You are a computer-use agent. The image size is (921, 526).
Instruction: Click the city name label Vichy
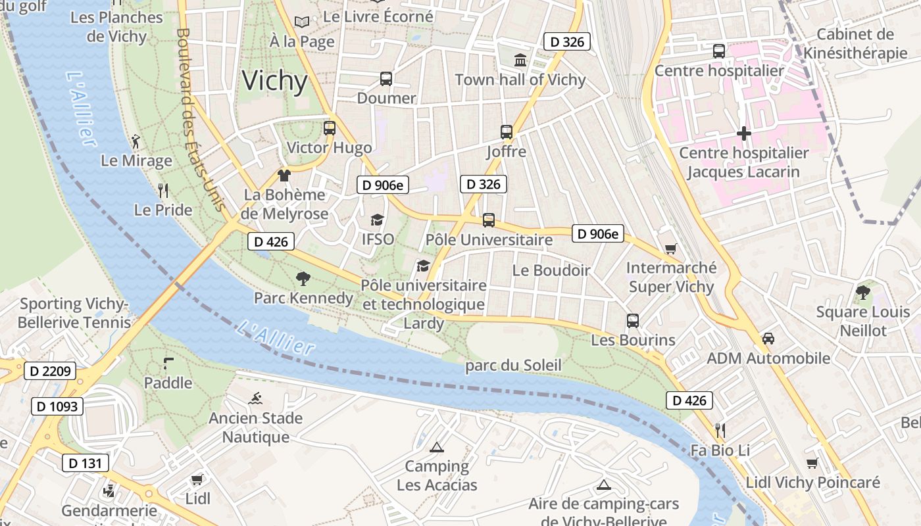point(275,81)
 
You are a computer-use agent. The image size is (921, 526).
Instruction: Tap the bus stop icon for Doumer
point(386,79)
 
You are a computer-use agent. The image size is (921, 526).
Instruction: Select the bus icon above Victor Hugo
point(330,128)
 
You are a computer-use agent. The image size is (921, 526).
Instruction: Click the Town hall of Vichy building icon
point(520,60)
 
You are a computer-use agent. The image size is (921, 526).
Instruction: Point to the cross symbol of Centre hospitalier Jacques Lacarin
point(743,134)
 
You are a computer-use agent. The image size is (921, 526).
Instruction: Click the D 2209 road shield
point(51,371)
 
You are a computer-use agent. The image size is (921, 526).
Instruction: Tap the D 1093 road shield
point(57,406)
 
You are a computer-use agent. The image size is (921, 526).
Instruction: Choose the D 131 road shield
point(86,463)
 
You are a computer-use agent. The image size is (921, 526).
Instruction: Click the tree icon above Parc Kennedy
point(303,279)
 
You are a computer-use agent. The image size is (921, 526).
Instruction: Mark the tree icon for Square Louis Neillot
point(862,293)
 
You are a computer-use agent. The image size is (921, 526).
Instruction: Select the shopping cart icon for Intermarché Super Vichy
point(670,249)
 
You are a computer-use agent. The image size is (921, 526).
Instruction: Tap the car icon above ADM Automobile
point(768,339)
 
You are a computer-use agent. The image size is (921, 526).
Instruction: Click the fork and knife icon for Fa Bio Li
point(720,431)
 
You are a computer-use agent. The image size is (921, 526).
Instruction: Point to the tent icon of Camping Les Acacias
point(436,448)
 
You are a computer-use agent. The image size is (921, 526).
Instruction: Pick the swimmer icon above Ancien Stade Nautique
point(256,398)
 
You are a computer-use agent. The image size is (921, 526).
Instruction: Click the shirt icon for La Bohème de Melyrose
point(284,176)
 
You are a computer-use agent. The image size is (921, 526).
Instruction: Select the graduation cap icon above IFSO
point(377,220)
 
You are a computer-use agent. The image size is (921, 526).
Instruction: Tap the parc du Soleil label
point(513,366)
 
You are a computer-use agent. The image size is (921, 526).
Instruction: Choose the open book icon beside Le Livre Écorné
point(302,22)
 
